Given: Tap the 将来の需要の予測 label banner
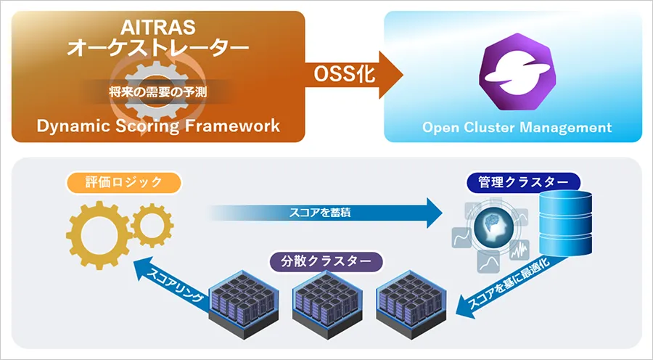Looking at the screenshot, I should (157, 92).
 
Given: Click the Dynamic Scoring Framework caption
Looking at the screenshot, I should (158, 126).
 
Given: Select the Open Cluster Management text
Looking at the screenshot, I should (517, 128).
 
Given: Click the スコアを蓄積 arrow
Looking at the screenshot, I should (326, 213).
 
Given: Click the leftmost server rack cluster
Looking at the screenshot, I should (239, 298).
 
